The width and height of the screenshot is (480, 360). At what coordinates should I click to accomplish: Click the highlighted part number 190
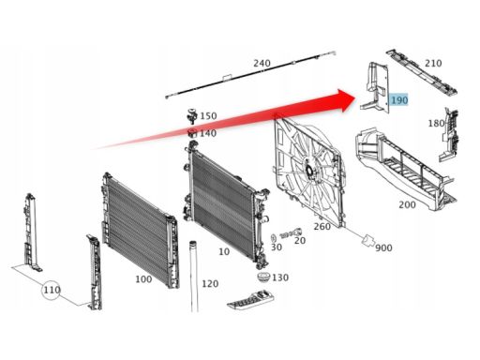click(399, 100)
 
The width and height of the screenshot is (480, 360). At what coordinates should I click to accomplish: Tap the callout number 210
click(433, 64)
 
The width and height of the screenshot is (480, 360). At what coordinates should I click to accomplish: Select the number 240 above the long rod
click(262, 64)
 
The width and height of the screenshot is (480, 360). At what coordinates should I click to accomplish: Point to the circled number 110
click(52, 290)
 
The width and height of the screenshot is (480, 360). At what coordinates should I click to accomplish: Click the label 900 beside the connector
click(383, 248)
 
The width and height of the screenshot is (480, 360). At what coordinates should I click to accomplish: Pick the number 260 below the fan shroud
click(322, 226)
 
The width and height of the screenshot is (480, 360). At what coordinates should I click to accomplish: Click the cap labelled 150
click(191, 115)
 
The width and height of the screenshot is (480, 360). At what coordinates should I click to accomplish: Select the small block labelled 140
click(192, 134)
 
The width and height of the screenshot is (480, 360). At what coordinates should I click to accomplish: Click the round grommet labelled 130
click(264, 277)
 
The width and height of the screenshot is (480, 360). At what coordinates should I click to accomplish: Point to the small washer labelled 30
click(273, 237)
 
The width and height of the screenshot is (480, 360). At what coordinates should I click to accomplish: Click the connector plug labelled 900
click(367, 240)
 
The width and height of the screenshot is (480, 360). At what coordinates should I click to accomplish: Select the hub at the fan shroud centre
click(308, 171)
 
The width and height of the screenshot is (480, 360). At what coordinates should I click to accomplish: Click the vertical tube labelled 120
click(194, 277)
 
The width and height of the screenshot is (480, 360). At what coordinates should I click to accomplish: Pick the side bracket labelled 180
click(448, 135)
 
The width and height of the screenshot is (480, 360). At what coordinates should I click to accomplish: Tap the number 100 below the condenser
click(143, 279)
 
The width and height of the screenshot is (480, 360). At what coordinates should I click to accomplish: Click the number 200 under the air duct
click(407, 205)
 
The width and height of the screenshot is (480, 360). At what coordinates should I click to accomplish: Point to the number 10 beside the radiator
click(224, 251)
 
